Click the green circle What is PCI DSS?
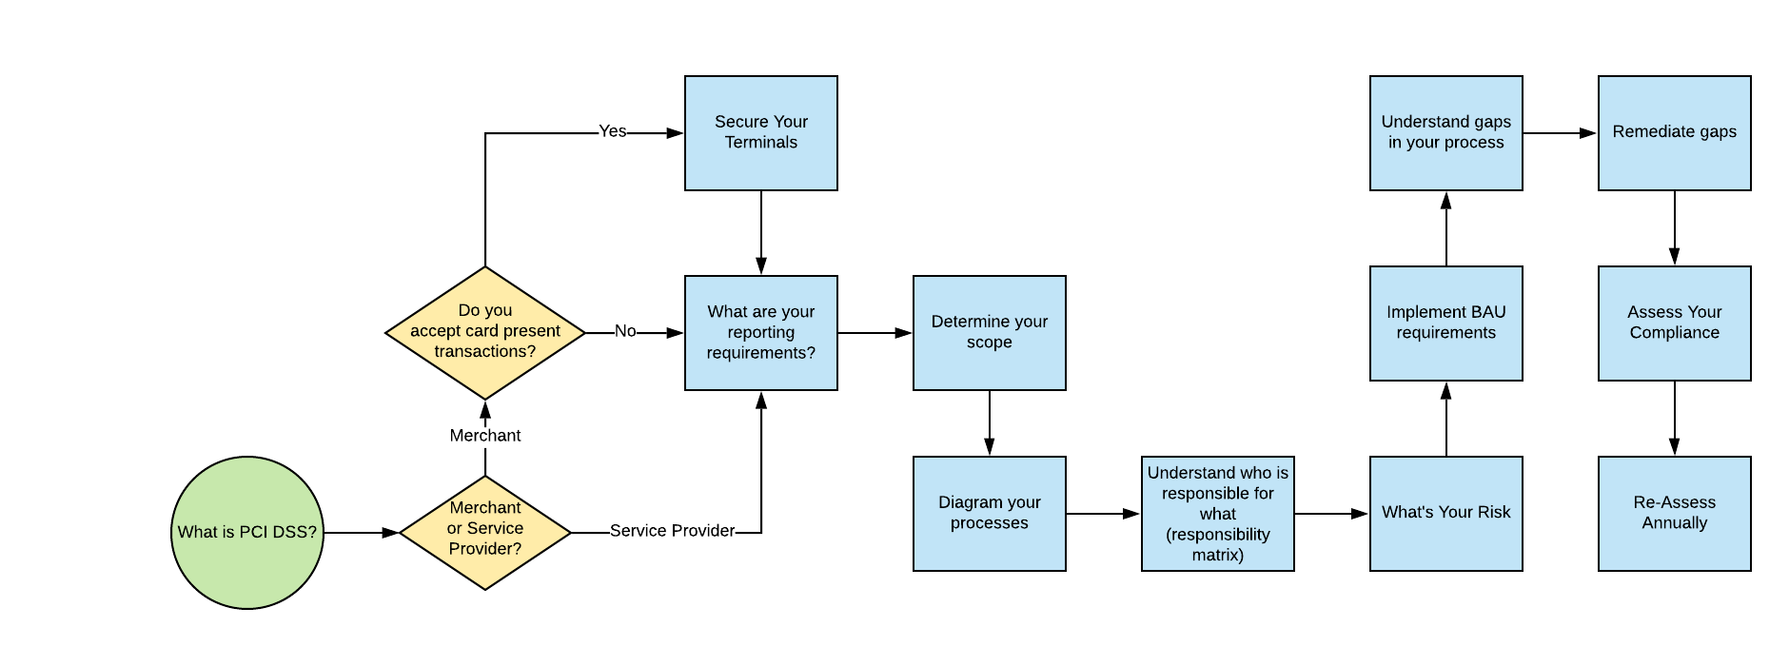click(x=247, y=532)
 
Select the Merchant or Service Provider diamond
click(x=485, y=532)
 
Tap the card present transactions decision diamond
click(x=485, y=332)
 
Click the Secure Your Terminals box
click(x=761, y=132)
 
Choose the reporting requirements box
click(x=761, y=332)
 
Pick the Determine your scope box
click(x=990, y=332)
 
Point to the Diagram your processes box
click(x=990, y=513)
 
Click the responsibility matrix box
click(x=1218, y=513)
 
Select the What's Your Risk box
click(x=1446, y=513)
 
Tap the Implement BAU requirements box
click(x=1446, y=323)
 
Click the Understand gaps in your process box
click(x=1446, y=132)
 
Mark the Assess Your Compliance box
click(x=1675, y=323)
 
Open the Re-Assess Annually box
click(x=1675, y=513)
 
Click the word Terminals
click(x=761, y=143)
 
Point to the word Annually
click(x=1675, y=523)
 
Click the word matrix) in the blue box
click(x=1218, y=555)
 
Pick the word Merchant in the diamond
click(x=485, y=507)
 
